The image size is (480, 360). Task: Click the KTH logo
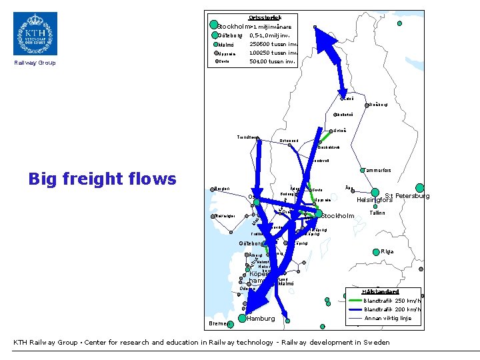[x=35, y=33]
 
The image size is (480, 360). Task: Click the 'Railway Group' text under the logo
[x=35, y=63]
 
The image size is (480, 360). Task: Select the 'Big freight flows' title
[x=102, y=179]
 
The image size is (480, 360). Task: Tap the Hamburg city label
[x=261, y=319]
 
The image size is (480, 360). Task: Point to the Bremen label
[x=217, y=323]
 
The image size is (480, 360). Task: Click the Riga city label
[x=388, y=251]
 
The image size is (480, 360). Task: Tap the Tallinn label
[x=377, y=213]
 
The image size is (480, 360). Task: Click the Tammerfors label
[x=377, y=171]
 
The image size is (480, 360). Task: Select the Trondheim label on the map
[x=248, y=137]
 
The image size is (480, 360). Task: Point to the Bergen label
[x=221, y=189]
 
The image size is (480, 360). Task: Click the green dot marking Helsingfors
[x=375, y=192]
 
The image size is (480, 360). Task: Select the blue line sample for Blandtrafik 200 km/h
[x=355, y=309]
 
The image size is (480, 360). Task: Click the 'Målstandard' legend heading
[x=379, y=291]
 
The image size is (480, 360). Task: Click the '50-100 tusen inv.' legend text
[x=272, y=61]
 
